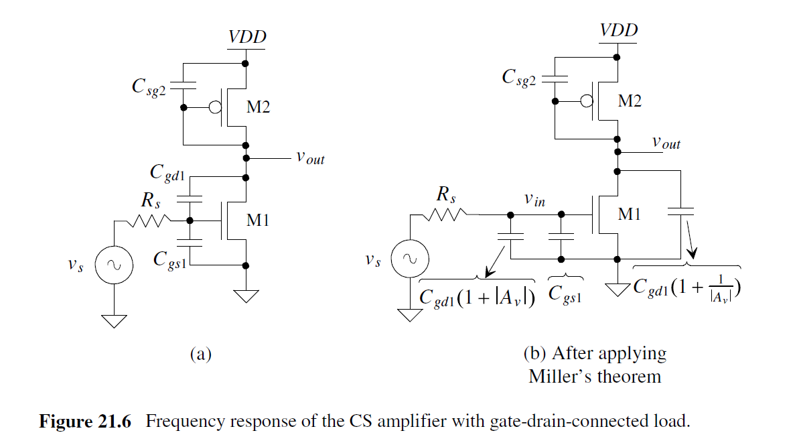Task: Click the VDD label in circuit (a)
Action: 247,37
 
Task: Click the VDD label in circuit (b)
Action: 618,30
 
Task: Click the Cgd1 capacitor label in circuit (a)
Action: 167,174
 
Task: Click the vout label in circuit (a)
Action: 309,157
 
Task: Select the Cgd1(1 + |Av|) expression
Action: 478,298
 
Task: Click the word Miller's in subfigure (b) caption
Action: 561,376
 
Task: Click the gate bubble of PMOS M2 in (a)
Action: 215,107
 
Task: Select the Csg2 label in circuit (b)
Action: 519,78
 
